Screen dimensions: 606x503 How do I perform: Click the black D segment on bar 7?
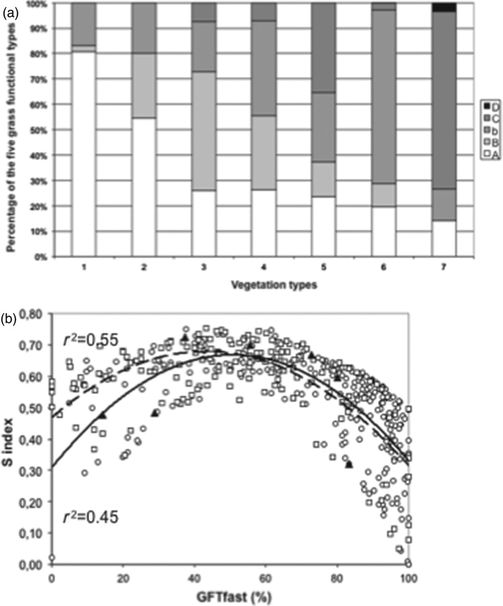click(x=444, y=7)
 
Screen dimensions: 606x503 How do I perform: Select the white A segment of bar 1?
click(x=84, y=155)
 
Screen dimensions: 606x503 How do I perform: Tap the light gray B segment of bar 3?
click(x=204, y=131)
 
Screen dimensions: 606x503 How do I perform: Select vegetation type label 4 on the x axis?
click(x=264, y=268)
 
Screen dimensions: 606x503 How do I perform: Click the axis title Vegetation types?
click(x=274, y=285)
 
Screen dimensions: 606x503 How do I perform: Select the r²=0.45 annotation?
click(x=91, y=518)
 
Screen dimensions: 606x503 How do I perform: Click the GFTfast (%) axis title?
click(x=234, y=597)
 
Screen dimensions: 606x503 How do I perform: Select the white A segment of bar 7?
click(x=444, y=239)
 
